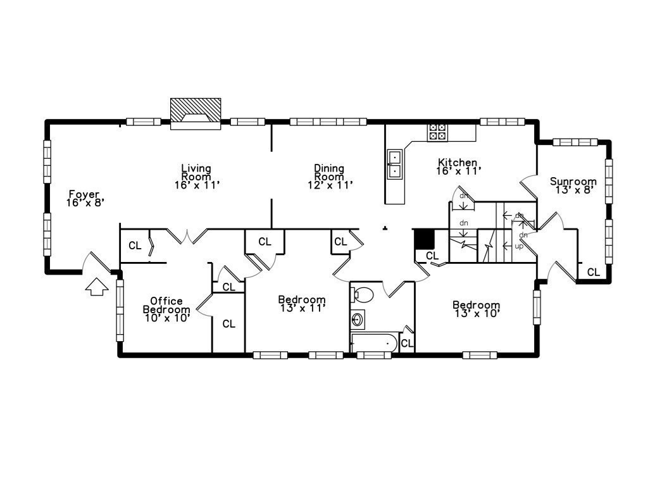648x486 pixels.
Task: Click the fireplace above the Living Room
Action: click(196, 114)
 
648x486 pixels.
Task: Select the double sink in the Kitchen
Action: click(395, 164)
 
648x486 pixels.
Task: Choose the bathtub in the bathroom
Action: click(375, 342)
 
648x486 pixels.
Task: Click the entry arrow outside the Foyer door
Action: click(97, 287)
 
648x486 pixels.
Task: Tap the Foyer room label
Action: click(84, 194)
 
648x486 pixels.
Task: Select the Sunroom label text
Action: click(573, 181)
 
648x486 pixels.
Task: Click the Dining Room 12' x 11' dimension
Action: click(330, 185)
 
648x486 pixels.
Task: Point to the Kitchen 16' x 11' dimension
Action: click(459, 171)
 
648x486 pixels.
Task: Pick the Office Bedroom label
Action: click(166, 305)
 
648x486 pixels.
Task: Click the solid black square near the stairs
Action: click(425, 239)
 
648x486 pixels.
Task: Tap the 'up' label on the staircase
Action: click(519, 246)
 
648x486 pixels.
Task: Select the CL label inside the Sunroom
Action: click(594, 272)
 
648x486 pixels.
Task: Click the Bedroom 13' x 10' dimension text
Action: click(477, 314)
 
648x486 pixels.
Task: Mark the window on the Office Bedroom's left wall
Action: click(120, 310)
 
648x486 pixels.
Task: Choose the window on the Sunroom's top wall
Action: click(575, 142)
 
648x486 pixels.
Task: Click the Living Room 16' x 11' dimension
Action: click(196, 185)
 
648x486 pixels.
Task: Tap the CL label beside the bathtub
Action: click(407, 344)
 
